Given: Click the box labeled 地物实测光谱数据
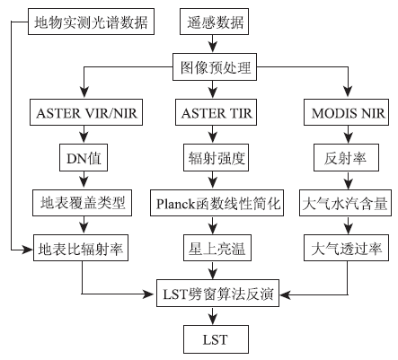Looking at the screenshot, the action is click(x=91, y=22).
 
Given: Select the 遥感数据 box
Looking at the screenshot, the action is click(x=214, y=22).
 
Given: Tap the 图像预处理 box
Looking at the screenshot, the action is click(x=215, y=67).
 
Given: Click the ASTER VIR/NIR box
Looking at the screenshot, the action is click(x=86, y=112).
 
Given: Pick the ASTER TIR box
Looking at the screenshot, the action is click(x=216, y=112).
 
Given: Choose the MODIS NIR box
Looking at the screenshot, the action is click(x=346, y=112).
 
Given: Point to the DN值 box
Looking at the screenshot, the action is click(x=84, y=158).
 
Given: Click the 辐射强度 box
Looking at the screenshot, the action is click(x=216, y=158).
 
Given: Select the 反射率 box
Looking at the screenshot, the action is click(x=346, y=158).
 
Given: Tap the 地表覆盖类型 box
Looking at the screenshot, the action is click(x=82, y=203).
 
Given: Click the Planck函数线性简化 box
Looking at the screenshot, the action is click(x=217, y=203).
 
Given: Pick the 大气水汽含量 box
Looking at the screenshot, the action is click(x=345, y=203).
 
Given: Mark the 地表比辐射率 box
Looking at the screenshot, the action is click(x=81, y=248).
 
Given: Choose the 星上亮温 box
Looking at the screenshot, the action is click(x=217, y=248).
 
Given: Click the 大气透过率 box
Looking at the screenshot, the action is click(x=346, y=248).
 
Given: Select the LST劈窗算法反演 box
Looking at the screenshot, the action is click(x=217, y=294).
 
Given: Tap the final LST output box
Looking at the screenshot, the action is click(x=216, y=339).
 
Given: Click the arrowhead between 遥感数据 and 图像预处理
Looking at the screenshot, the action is click(x=213, y=48).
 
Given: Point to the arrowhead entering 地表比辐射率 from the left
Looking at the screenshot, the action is click(x=28, y=249).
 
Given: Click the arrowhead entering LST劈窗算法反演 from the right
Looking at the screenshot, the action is click(x=285, y=294).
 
